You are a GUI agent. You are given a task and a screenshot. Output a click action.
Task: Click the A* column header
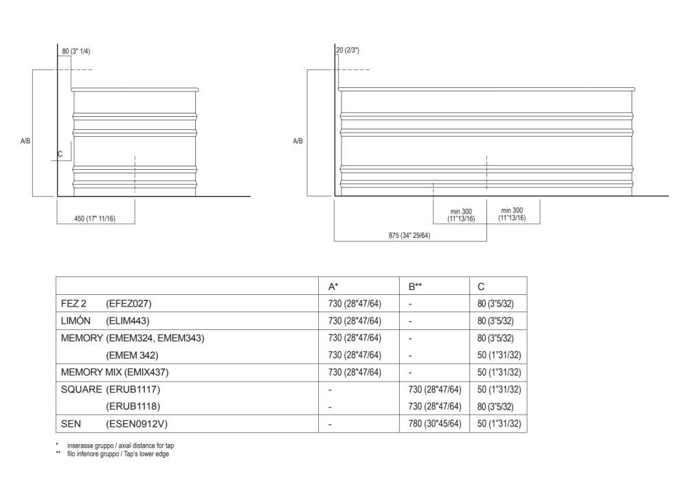tap(333, 286)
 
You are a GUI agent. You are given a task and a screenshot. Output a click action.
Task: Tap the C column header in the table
tap(481, 286)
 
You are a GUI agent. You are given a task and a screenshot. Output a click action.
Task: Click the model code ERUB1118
tap(133, 406)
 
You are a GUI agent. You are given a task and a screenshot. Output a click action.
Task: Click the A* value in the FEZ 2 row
tap(354, 303)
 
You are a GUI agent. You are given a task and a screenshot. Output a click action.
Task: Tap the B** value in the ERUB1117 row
tap(434, 389)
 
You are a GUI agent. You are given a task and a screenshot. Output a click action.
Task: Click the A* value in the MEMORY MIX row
tap(354, 372)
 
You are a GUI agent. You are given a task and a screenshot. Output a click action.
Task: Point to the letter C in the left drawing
tap(60, 154)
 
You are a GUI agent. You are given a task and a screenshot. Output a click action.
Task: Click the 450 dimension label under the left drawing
tap(94, 219)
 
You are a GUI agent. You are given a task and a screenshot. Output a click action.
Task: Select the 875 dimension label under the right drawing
tap(409, 236)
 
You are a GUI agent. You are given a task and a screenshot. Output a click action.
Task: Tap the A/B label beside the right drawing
tap(298, 140)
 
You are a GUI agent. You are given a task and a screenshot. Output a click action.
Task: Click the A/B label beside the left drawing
tap(25, 140)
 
